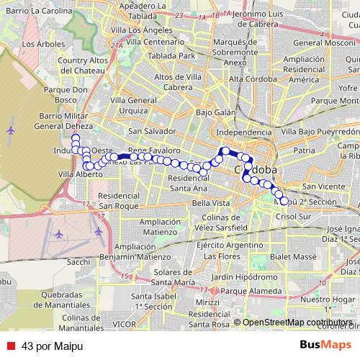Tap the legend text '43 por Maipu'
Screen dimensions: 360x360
[x=53, y=346]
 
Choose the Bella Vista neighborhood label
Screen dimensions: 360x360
[x=210, y=203]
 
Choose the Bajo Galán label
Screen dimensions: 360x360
[x=215, y=112]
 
